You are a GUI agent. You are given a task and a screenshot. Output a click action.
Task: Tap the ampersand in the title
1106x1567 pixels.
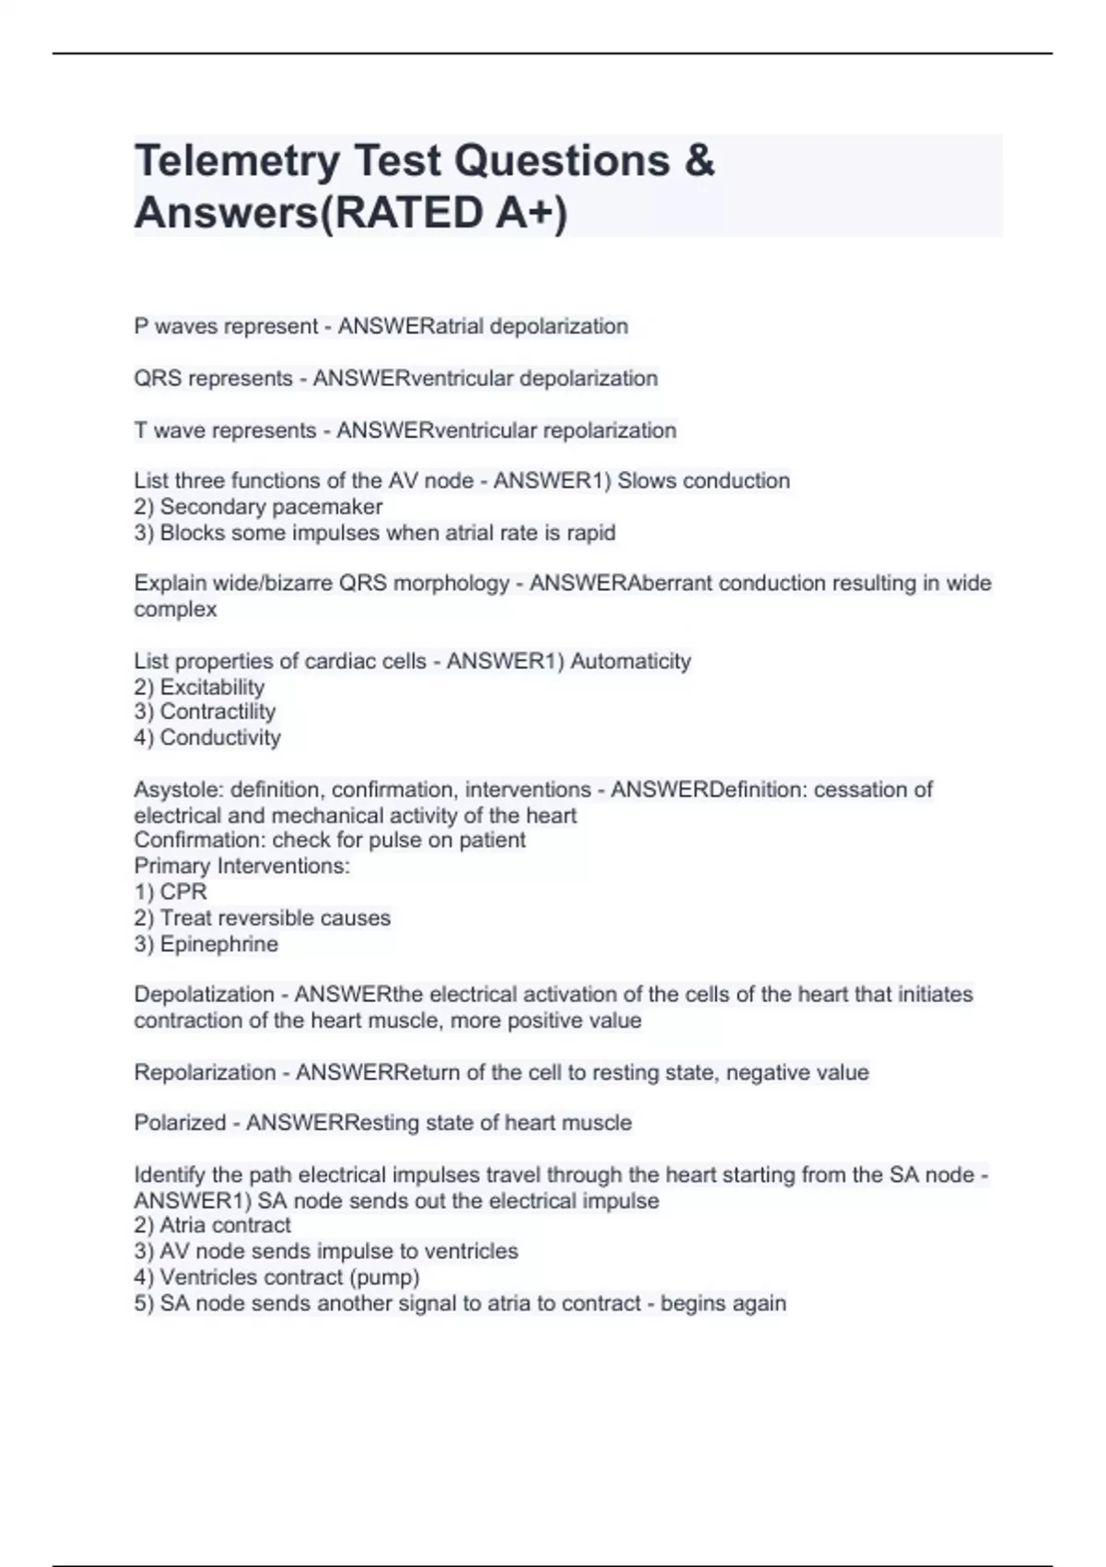pos(700,160)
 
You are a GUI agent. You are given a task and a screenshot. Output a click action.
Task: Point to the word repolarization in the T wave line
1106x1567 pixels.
pos(609,430)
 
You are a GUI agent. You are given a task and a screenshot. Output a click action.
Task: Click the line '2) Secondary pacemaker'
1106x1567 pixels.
pos(258,507)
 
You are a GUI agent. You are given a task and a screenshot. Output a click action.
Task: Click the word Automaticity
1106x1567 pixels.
pos(630,661)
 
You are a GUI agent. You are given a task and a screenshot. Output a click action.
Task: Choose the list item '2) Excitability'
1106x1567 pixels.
pos(199,687)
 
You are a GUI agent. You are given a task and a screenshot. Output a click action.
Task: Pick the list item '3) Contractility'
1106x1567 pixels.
pos(205,712)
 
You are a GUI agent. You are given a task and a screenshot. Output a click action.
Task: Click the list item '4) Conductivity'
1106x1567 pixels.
pos(207,737)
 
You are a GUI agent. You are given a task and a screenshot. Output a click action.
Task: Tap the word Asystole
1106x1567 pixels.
pos(178,790)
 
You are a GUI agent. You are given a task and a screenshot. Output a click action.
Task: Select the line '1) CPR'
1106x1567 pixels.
pos(171,892)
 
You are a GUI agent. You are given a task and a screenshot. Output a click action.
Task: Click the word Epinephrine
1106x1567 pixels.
pos(218,944)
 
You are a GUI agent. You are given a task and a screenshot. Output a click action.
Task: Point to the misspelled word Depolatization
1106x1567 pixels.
pos(204,995)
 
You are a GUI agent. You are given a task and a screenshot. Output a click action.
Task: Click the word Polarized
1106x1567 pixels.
pos(180,1123)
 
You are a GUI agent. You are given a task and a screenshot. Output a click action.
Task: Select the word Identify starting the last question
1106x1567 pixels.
pos(170,1175)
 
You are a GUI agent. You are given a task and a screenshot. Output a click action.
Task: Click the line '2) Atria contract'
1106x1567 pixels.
pos(212,1225)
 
